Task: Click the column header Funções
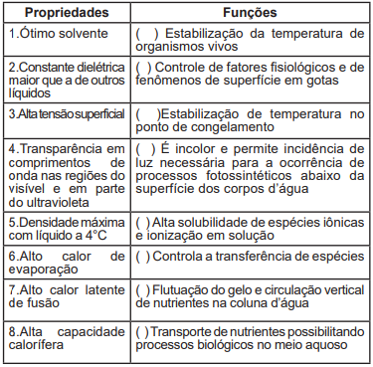(x=250, y=14)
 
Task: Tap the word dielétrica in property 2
(x=97, y=67)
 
